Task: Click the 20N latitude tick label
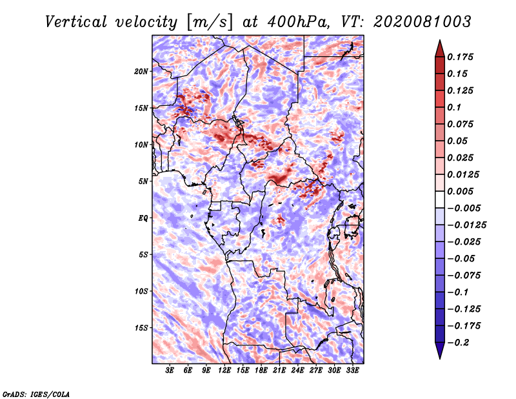[x=141, y=72]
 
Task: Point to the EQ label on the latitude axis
[x=143, y=218]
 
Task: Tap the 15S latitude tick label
[x=142, y=328]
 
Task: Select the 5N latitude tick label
[x=143, y=181]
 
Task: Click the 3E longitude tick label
[x=170, y=371]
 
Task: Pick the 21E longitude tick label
[x=279, y=371]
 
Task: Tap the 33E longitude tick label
[x=352, y=371]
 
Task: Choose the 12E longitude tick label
[x=224, y=371]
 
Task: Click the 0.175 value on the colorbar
[x=460, y=57]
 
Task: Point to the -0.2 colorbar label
[x=459, y=343]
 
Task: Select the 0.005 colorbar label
[x=460, y=191]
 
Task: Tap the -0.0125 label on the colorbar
[x=467, y=225]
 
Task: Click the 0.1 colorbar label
[x=454, y=107]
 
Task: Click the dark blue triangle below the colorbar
[x=440, y=351]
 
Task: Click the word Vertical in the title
[x=76, y=22]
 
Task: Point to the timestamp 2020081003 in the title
[x=422, y=22]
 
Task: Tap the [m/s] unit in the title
[x=210, y=23]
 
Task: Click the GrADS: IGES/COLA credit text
[x=36, y=394]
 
